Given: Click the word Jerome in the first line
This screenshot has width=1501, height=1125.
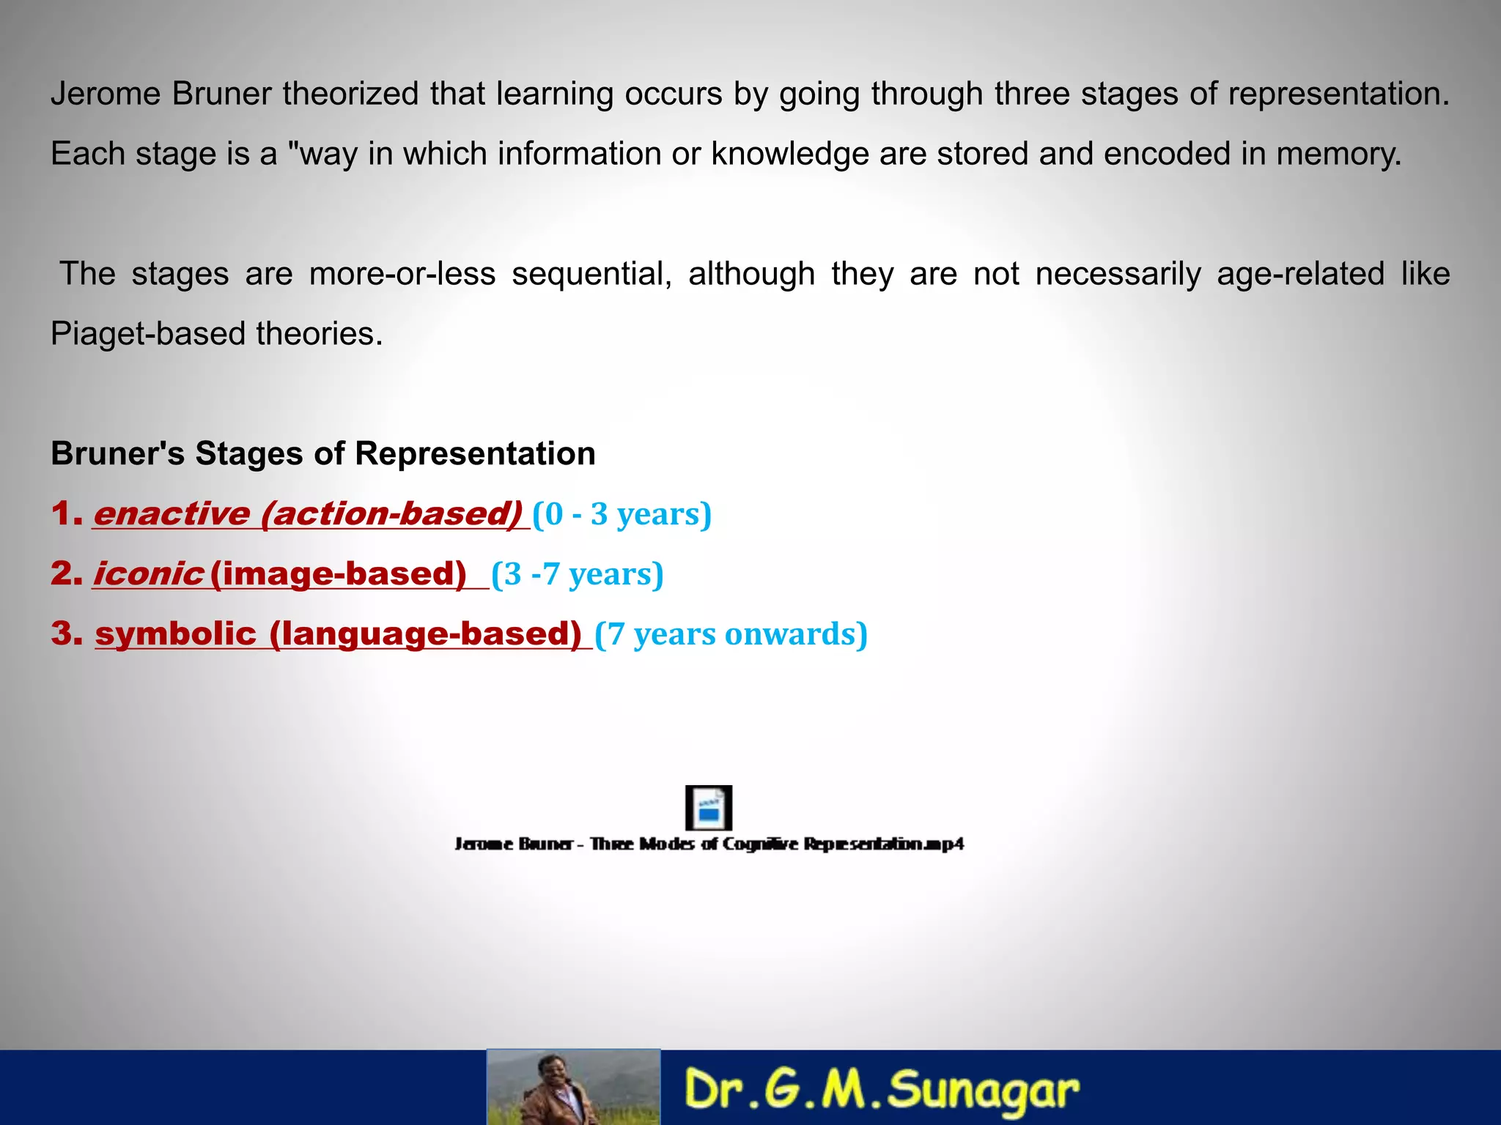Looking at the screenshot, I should click(106, 94).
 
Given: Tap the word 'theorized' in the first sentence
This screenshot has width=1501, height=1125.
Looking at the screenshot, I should click(350, 94).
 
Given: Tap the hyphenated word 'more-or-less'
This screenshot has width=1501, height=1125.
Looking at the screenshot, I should click(402, 274).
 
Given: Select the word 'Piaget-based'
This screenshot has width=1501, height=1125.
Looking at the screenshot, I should click(147, 334).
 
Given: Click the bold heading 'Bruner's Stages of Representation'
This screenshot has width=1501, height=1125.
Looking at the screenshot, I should click(322, 453).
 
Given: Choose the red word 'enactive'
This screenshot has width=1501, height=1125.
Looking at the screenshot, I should click(172, 513).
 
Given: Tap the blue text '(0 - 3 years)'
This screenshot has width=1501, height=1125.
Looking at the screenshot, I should click(622, 514).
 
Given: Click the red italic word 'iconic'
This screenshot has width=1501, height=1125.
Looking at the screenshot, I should click(148, 573).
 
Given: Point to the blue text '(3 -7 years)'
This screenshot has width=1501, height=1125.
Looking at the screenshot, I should click(578, 574).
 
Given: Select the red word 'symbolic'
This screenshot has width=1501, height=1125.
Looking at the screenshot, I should click(176, 634).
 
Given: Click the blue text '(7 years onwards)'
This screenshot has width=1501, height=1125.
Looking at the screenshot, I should click(731, 634).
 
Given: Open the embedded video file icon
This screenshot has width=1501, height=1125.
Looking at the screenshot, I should click(708, 808).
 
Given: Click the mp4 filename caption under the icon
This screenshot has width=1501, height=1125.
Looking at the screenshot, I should click(709, 844).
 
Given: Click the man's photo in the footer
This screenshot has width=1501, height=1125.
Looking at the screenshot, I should click(573, 1088).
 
